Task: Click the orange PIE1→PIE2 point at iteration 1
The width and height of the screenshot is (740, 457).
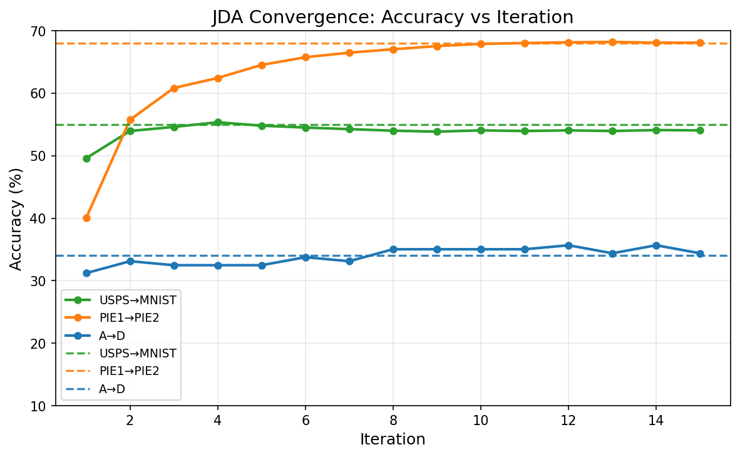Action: coord(86,218)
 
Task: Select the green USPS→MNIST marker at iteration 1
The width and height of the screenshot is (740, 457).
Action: coord(86,158)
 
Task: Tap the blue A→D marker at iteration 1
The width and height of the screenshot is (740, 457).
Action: coord(86,273)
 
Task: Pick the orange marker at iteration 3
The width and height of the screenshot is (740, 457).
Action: coord(174,88)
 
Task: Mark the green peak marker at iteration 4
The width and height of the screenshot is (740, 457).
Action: coord(218,122)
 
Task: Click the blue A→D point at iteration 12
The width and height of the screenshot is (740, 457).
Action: coord(568,245)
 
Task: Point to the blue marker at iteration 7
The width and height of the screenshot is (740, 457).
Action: coord(349,261)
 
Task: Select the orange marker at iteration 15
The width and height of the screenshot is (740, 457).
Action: coord(700,43)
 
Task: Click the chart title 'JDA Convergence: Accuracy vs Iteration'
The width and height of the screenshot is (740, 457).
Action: coord(393,18)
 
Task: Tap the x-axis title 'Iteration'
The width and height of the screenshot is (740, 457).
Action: coord(393,439)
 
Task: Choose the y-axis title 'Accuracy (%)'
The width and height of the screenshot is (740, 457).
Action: coord(16,218)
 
